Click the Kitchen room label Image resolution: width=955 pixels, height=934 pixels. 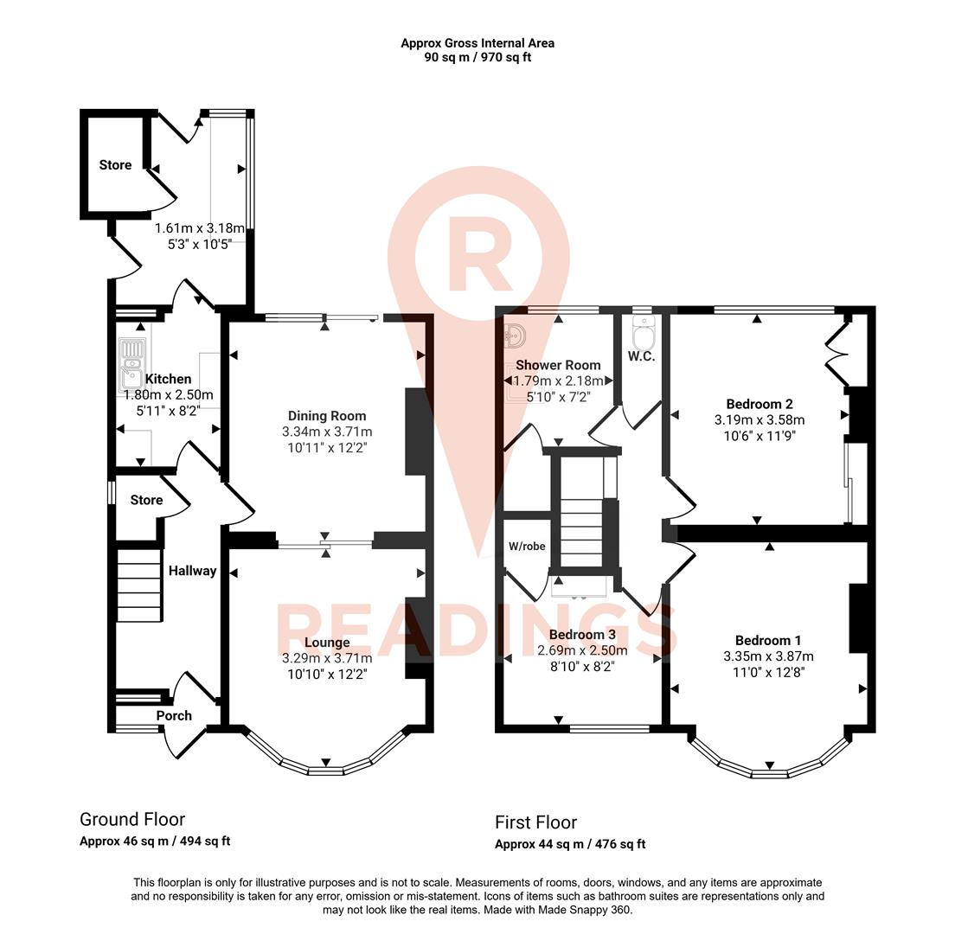click(x=168, y=379)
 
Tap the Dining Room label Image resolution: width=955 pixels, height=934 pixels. click(x=327, y=416)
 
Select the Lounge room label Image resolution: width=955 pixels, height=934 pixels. click(x=327, y=643)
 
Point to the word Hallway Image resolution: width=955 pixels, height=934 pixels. click(x=192, y=571)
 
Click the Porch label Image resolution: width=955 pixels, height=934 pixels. click(x=174, y=715)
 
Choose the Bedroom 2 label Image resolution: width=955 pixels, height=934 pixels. click(x=760, y=404)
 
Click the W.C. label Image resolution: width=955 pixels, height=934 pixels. click(x=641, y=356)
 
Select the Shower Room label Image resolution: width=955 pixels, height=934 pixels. click(x=558, y=365)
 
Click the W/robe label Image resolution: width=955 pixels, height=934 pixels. click(x=527, y=546)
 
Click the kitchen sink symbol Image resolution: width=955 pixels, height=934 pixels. click(x=132, y=363)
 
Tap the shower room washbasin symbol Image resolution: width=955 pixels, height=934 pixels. click(x=516, y=334)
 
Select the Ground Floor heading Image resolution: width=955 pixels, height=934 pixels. click(x=132, y=819)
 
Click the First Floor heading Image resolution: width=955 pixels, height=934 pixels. click(x=535, y=822)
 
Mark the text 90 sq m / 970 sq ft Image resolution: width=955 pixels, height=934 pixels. click(x=477, y=58)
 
